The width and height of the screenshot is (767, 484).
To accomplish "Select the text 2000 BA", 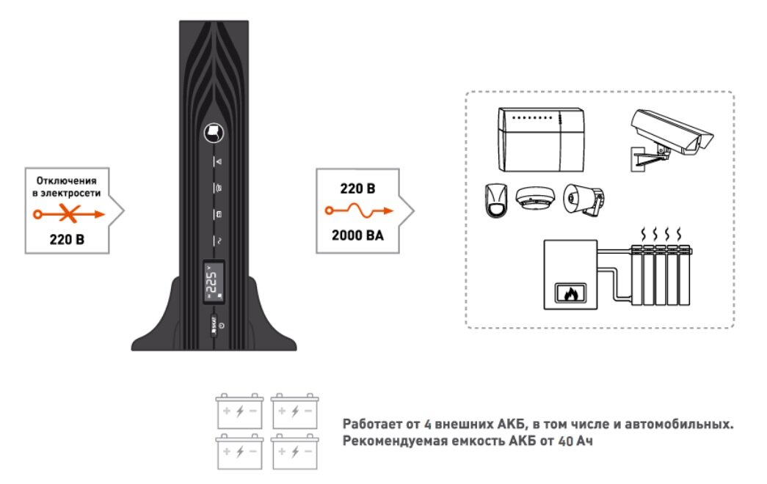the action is click(x=358, y=236).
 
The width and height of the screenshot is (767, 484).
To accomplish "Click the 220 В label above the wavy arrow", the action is click(x=358, y=188).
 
